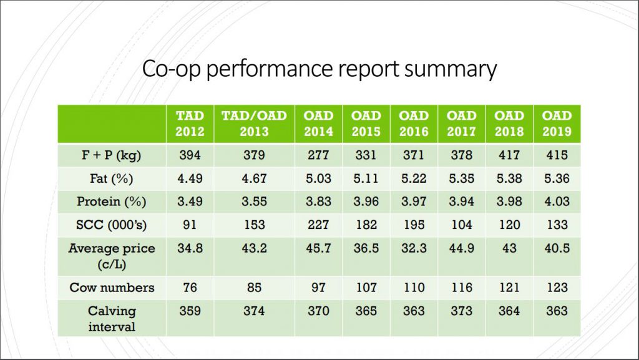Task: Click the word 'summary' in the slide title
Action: [x=451, y=69]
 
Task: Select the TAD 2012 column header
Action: [x=190, y=124]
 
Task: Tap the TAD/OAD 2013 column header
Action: [x=254, y=124]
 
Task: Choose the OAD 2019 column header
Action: [x=557, y=124]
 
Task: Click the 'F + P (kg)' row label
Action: [x=111, y=155]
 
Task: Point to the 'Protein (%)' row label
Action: [x=111, y=202]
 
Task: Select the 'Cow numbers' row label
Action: [x=112, y=288]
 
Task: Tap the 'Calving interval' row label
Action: [x=112, y=319]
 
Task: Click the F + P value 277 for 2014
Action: [x=318, y=155]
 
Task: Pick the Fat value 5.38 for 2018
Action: [x=509, y=178]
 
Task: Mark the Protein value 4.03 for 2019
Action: [x=557, y=202]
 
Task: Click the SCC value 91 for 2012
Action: [x=190, y=225]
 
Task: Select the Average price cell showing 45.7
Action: [x=318, y=248]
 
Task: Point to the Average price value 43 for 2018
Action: [x=509, y=248]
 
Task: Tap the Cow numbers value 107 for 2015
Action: [x=366, y=288]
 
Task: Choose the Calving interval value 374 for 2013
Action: [x=254, y=311]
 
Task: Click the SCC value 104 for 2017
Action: [x=461, y=225]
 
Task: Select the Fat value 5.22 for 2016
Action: [x=414, y=178]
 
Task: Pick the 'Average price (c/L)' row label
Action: [x=112, y=256]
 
